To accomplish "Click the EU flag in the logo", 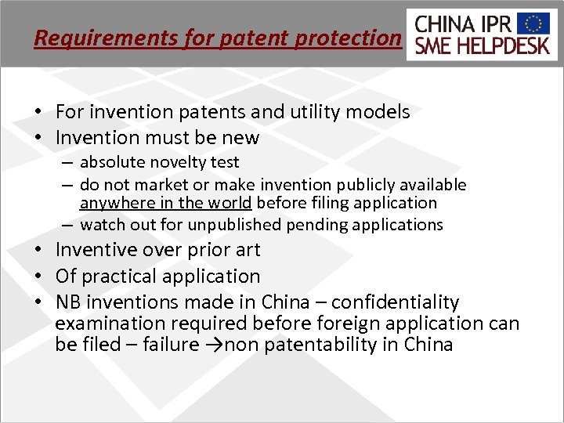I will pyautogui.click(x=538, y=23).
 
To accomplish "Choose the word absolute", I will pyautogui.click(x=110, y=162).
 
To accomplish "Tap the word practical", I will pyautogui.click(x=120, y=277).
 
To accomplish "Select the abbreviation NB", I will pyautogui.click(x=69, y=302).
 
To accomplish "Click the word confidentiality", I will pyautogui.click(x=398, y=302).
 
